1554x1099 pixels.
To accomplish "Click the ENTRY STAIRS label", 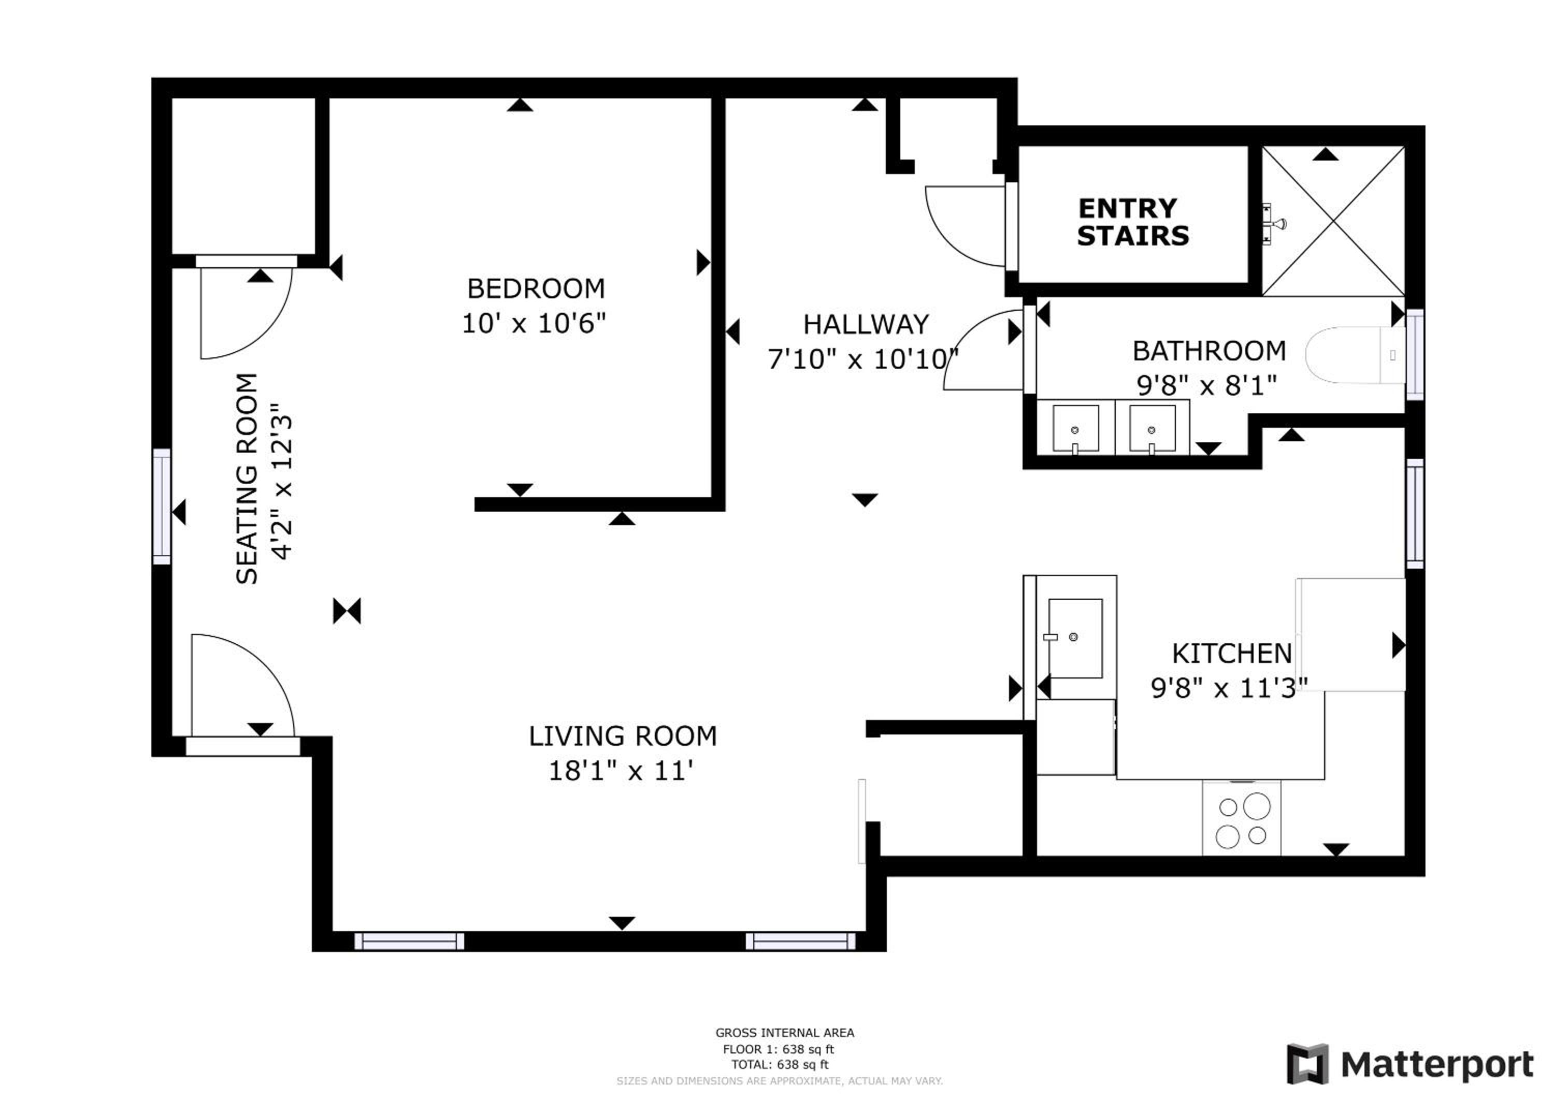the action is click(x=1133, y=222).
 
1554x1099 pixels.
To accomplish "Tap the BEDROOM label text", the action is click(x=536, y=289).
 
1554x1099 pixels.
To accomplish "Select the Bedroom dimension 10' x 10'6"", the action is click(x=534, y=324).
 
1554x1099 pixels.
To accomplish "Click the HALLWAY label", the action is click(x=866, y=325).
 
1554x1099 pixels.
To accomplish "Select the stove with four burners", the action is click(x=1241, y=818).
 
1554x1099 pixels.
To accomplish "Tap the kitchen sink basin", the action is click(x=1075, y=638).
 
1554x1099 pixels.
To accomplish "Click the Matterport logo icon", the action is click(x=1307, y=1064).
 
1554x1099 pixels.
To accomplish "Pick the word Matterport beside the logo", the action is click(x=1437, y=1066).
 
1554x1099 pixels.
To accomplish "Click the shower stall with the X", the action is click(x=1333, y=221).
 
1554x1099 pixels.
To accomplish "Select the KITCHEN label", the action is click(x=1232, y=654).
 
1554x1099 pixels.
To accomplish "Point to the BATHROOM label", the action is click(x=1210, y=351).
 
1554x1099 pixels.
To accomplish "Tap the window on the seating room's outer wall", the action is click(x=162, y=506).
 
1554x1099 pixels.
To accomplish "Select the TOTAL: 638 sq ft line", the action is click(x=780, y=1064).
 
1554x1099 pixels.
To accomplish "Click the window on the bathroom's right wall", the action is click(x=1415, y=355).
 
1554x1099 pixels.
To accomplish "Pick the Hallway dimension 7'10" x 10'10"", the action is click(x=864, y=359).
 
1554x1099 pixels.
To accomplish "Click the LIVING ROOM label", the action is click(x=623, y=736).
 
